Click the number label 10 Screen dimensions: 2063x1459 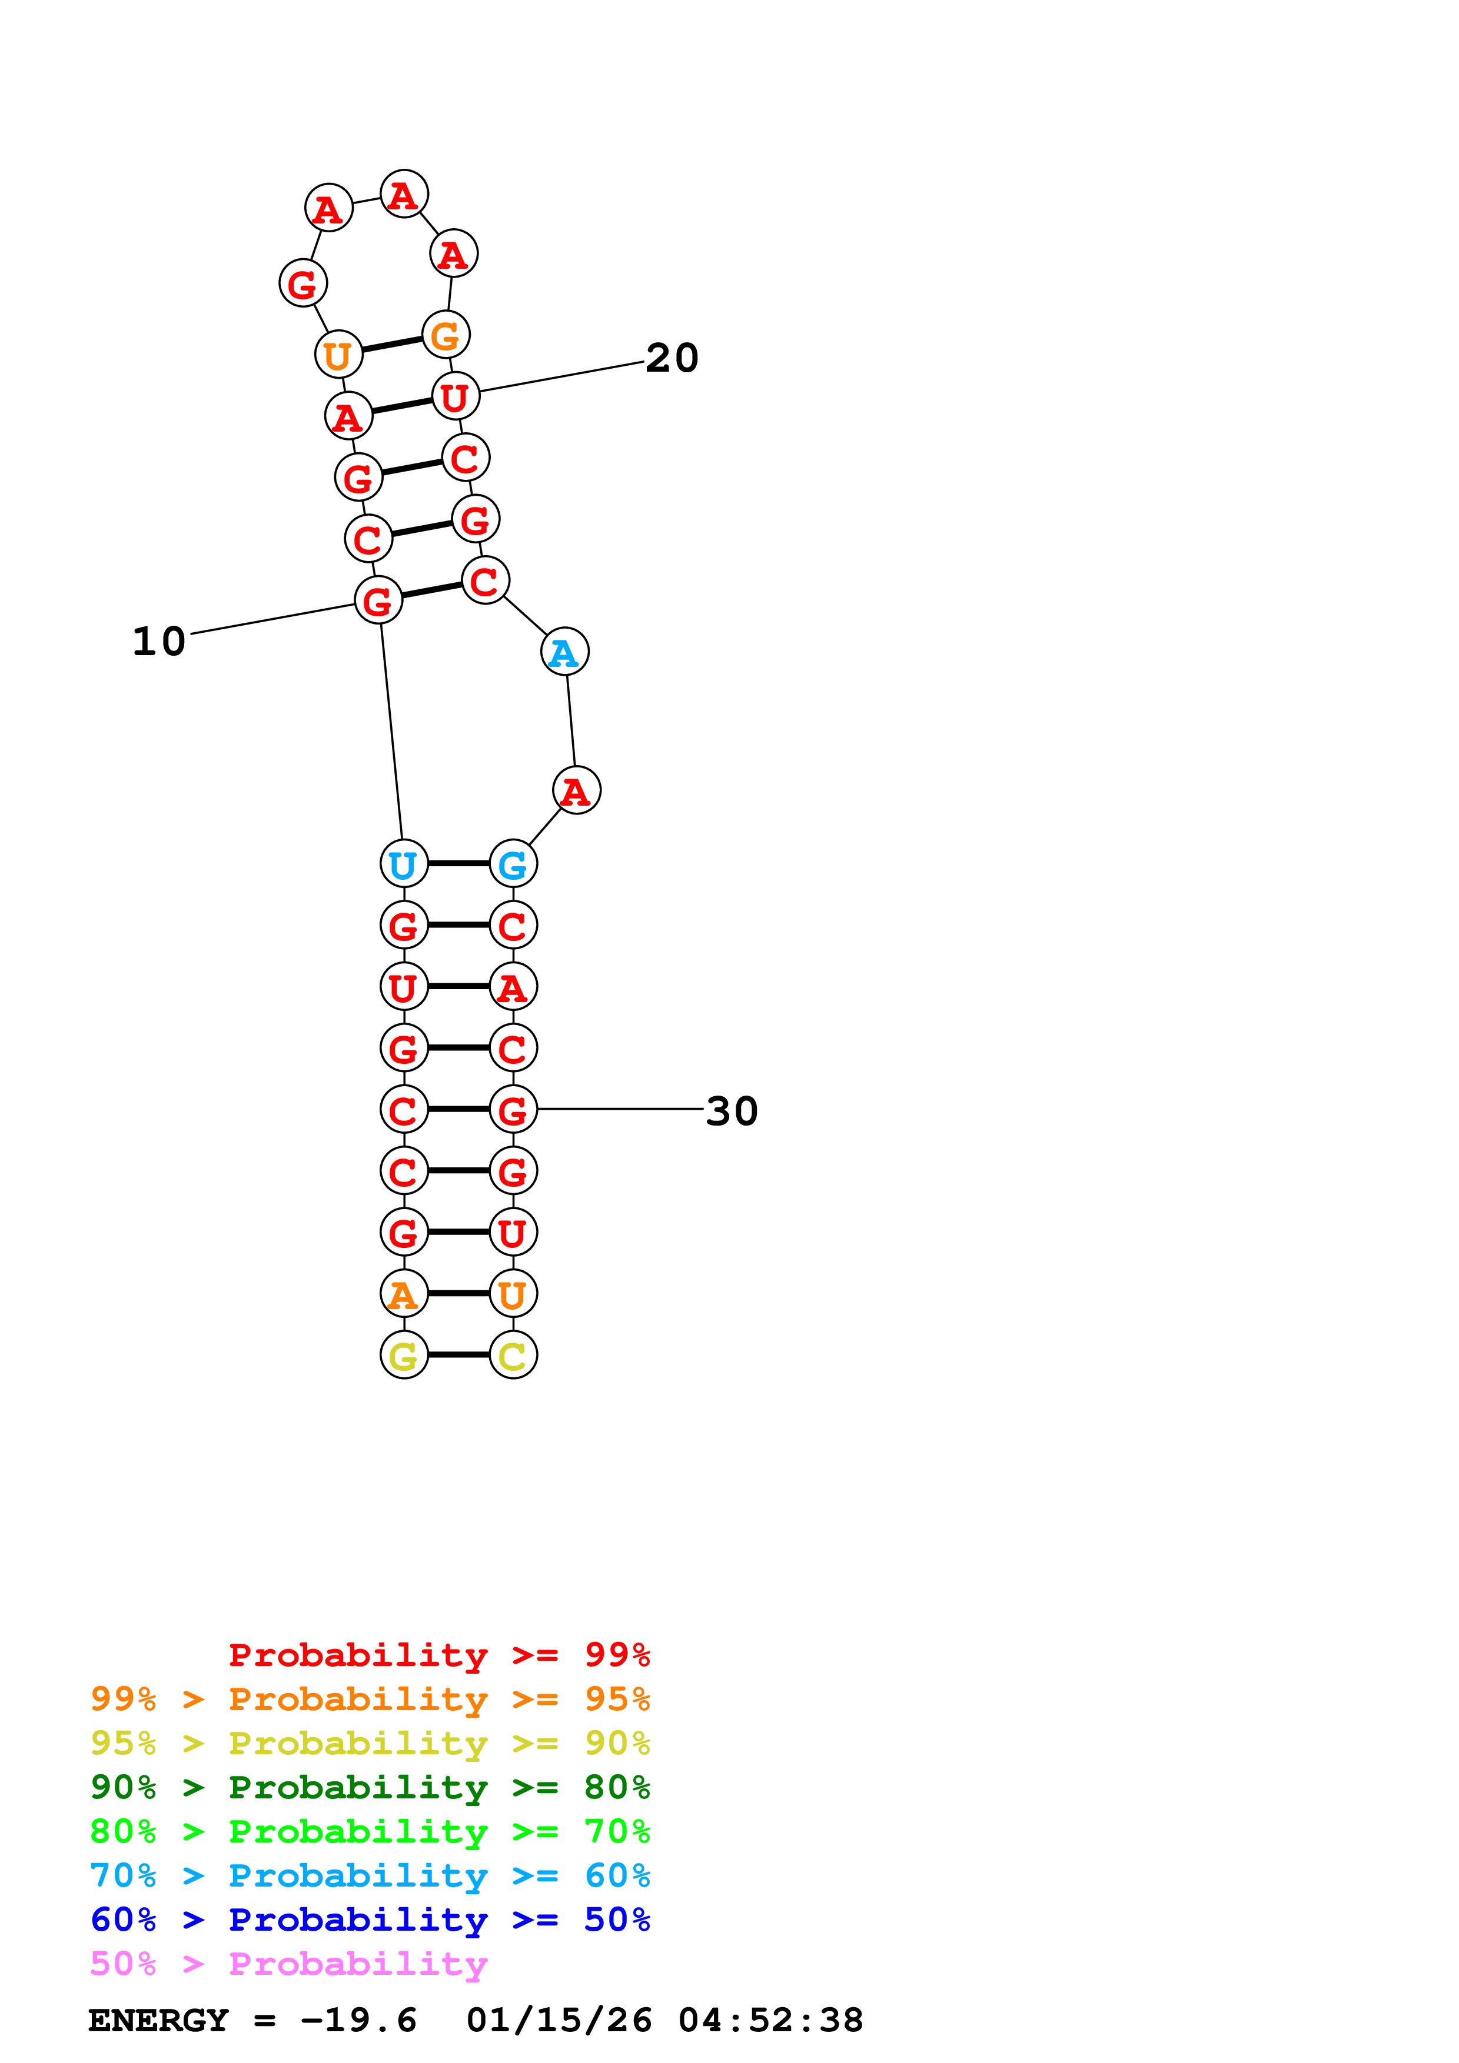(x=158, y=642)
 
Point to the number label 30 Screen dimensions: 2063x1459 (x=732, y=1111)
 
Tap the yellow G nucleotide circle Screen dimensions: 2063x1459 (x=404, y=1355)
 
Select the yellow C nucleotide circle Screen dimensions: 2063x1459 (x=513, y=1355)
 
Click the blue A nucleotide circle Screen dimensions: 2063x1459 (x=564, y=652)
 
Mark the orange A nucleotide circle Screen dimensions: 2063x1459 (x=404, y=1294)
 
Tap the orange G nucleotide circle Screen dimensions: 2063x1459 (x=446, y=335)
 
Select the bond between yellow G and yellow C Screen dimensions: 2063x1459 (x=458, y=1355)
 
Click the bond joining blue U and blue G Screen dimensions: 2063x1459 (x=458, y=863)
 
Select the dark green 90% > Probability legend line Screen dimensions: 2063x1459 (x=370, y=1787)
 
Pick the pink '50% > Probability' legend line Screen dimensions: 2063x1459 (x=288, y=1963)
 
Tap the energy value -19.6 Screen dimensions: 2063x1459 (x=358, y=2020)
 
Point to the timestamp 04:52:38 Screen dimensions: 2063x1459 (x=770, y=2020)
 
